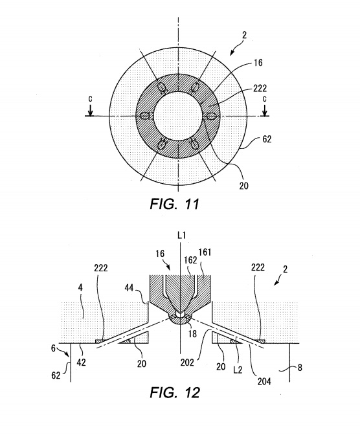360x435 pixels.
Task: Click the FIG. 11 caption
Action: (x=175, y=204)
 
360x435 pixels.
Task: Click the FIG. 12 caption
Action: (x=175, y=392)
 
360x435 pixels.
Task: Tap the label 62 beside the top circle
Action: (x=267, y=139)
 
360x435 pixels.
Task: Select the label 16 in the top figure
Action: (x=258, y=63)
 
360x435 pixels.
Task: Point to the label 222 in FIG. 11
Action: (x=260, y=88)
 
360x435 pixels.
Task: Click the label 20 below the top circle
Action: (x=243, y=186)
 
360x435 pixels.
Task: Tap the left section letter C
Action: (x=90, y=99)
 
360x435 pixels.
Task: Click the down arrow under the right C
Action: (x=265, y=110)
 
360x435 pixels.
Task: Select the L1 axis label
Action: (x=181, y=236)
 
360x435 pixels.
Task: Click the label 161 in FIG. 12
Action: (x=205, y=252)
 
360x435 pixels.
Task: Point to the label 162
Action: (x=191, y=260)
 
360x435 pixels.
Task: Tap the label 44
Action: (x=129, y=287)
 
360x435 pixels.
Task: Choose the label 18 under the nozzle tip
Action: (x=192, y=333)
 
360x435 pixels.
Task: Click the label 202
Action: (x=187, y=362)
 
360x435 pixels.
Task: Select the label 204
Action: (x=264, y=381)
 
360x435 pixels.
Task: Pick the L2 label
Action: (x=238, y=370)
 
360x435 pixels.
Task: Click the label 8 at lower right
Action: (x=300, y=368)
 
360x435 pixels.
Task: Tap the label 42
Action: (x=81, y=362)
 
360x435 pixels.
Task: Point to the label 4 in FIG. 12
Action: (x=80, y=287)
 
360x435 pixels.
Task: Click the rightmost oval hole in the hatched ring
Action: (x=211, y=116)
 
